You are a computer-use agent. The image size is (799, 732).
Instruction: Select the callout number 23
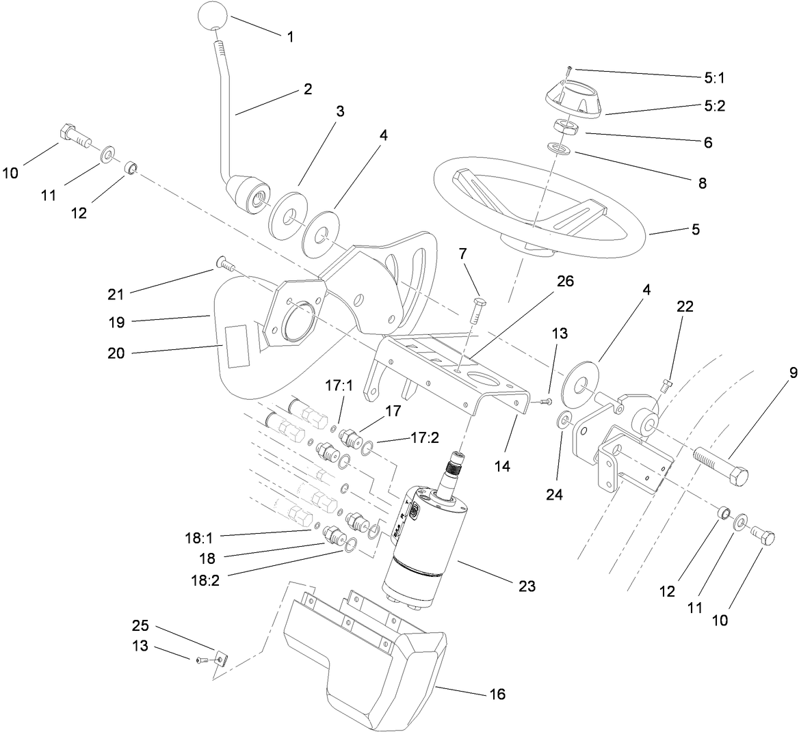click(x=527, y=586)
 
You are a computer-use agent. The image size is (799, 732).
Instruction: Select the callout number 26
click(x=565, y=281)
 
